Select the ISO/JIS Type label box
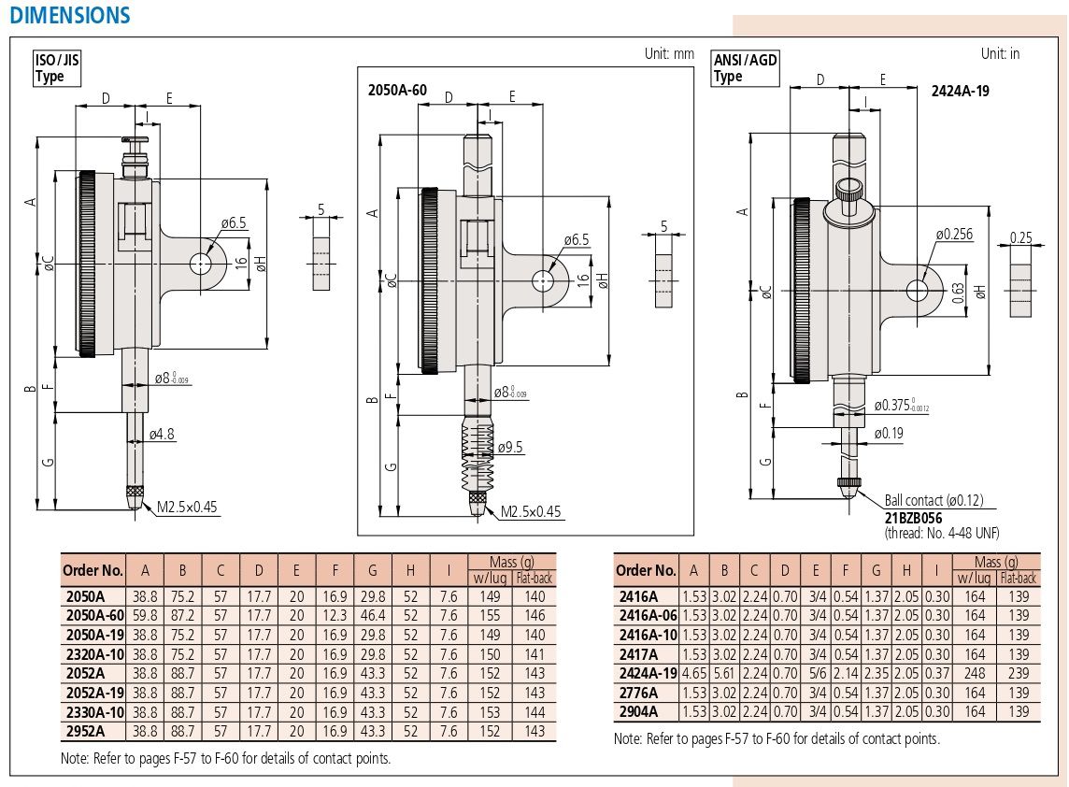click(x=57, y=69)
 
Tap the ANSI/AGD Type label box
click(x=745, y=69)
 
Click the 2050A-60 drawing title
click(x=398, y=90)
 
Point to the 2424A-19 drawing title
click(x=960, y=91)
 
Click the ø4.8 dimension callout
click(x=163, y=434)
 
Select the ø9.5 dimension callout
click(x=510, y=447)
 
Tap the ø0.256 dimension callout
click(x=954, y=234)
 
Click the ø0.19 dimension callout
click(x=889, y=433)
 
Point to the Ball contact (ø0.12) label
click(x=934, y=501)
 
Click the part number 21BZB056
click(x=913, y=517)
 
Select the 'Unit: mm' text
click(x=669, y=53)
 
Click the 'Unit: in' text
click(x=1000, y=53)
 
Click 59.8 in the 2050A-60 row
click(x=145, y=615)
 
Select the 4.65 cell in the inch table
click(x=693, y=673)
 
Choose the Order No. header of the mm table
click(x=93, y=570)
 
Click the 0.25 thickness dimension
click(x=1021, y=238)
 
